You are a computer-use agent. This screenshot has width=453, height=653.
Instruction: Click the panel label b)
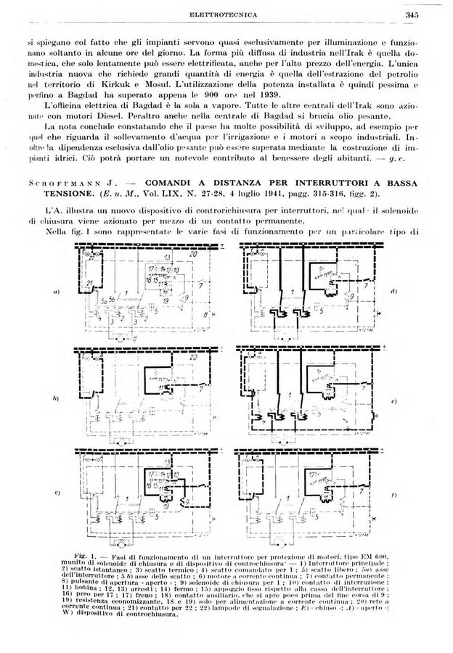pyautogui.click(x=55, y=400)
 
